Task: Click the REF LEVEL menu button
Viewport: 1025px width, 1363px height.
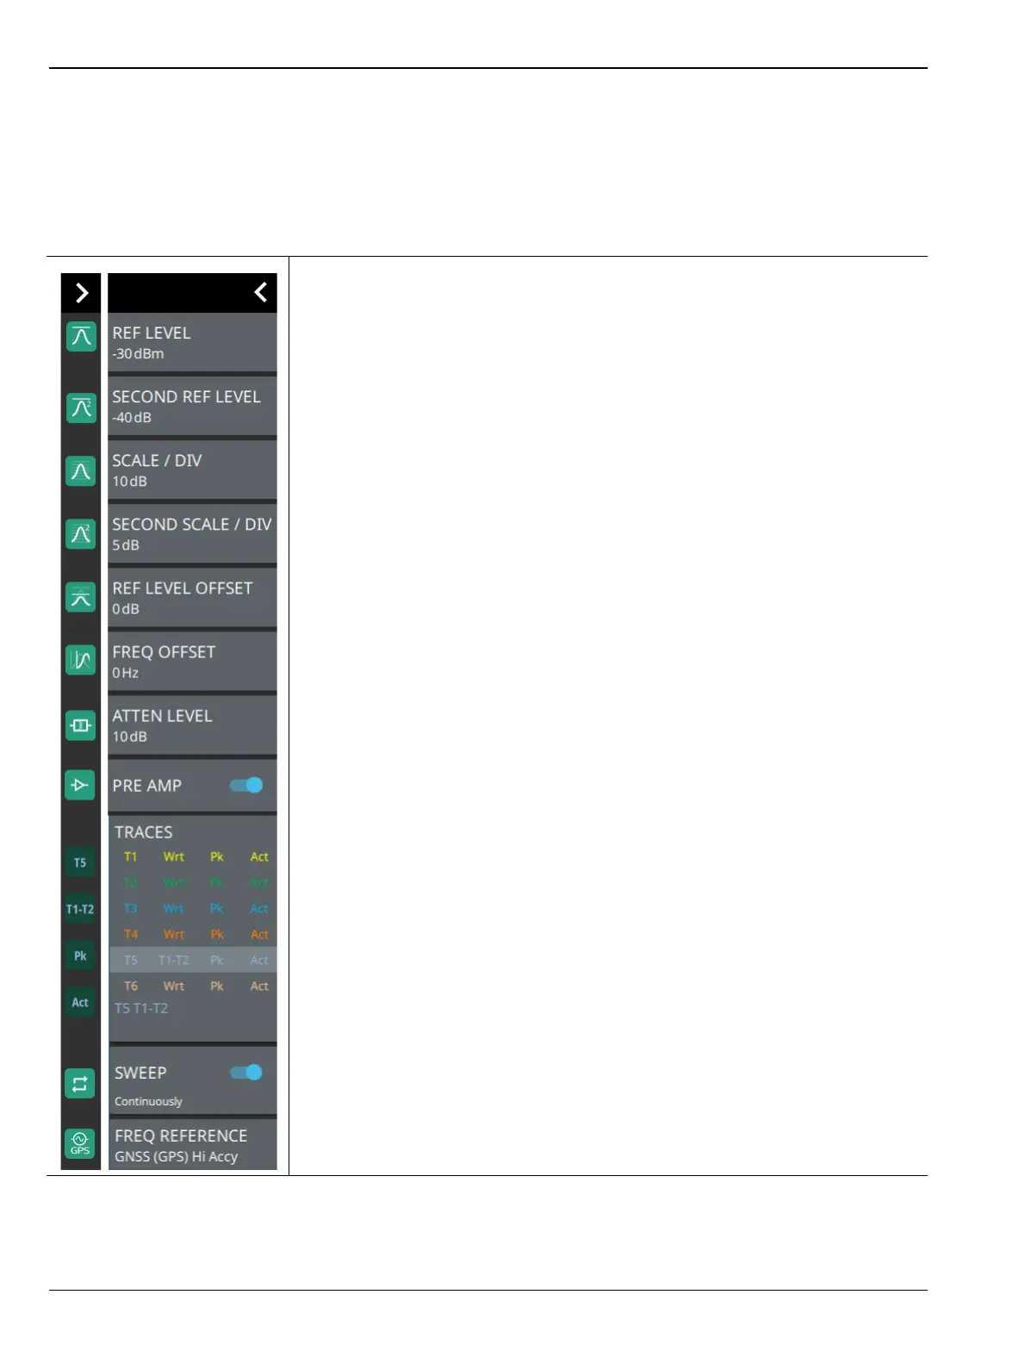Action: pyautogui.click(x=191, y=342)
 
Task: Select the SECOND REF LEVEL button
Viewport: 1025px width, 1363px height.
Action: pyautogui.click(x=191, y=406)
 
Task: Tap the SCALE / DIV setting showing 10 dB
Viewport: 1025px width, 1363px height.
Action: pyautogui.click(x=191, y=470)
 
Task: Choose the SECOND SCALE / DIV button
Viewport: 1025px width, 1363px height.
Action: pyautogui.click(x=191, y=533)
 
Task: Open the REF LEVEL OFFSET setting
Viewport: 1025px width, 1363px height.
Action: pyautogui.click(x=191, y=597)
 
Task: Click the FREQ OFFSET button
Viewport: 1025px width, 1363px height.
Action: pyautogui.click(x=191, y=661)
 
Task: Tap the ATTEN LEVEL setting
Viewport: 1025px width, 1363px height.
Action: pyautogui.click(x=191, y=725)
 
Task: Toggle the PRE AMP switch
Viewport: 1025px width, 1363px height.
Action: pyautogui.click(x=246, y=785)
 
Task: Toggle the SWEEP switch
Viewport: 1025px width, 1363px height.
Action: pyautogui.click(x=246, y=1073)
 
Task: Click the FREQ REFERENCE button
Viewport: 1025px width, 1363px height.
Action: pyautogui.click(x=191, y=1145)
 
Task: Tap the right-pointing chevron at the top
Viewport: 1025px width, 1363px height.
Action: pyautogui.click(x=81, y=293)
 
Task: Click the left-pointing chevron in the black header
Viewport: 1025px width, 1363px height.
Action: pyautogui.click(x=260, y=293)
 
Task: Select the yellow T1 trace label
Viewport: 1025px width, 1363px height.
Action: pyautogui.click(x=130, y=857)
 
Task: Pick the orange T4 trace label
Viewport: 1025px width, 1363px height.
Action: pyautogui.click(x=130, y=935)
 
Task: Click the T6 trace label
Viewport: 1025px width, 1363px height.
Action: pyautogui.click(x=130, y=986)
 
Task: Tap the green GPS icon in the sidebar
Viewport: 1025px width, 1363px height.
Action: pyautogui.click(x=80, y=1143)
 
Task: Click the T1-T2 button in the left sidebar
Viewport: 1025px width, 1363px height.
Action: pyautogui.click(x=80, y=909)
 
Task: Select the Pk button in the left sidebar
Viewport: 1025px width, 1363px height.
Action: pyautogui.click(x=80, y=955)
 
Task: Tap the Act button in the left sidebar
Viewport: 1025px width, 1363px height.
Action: pyautogui.click(x=80, y=1002)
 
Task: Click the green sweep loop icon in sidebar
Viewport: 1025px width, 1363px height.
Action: pyautogui.click(x=80, y=1084)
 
